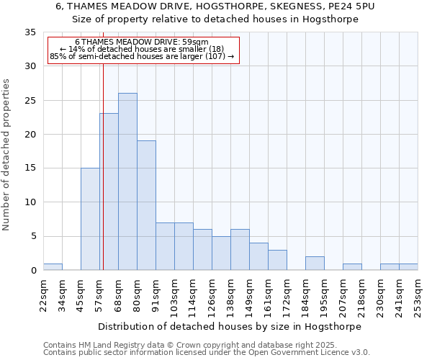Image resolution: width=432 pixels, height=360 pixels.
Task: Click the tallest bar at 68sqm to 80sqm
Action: click(127, 181)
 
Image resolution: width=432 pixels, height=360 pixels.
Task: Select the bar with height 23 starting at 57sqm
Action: click(109, 192)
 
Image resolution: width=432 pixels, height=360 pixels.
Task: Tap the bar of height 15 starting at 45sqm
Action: click(90, 219)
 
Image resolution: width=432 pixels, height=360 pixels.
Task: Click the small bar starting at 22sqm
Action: click(53, 267)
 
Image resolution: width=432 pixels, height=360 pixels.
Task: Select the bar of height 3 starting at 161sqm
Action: click(277, 260)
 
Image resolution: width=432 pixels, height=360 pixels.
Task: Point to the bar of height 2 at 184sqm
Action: click(315, 264)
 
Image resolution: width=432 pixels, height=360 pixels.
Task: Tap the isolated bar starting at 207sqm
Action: click(352, 267)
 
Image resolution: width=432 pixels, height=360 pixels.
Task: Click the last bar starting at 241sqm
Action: click(408, 267)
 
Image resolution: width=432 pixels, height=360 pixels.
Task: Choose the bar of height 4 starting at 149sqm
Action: click(258, 256)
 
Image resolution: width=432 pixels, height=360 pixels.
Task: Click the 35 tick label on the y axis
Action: click(30, 32)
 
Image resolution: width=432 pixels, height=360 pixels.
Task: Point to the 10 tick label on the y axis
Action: click(30, 202)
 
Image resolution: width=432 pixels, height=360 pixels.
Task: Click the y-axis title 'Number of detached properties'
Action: click(7, 155)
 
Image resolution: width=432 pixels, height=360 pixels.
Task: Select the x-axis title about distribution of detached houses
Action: click(230, 327)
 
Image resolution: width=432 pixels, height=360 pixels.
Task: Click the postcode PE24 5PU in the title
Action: click(351, 6)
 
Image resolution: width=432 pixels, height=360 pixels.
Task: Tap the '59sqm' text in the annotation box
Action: click(195, 42)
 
